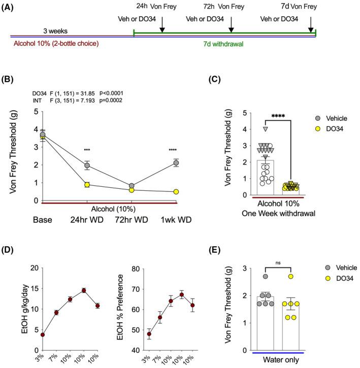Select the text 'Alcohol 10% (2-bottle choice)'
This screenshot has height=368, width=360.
[55, 43]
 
